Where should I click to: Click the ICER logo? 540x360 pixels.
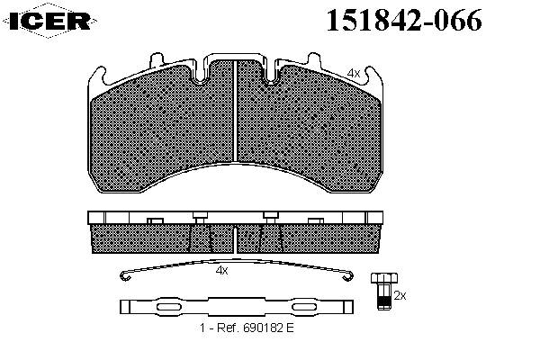[x=49, y=21]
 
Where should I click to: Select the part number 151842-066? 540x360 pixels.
[x=404, y=21]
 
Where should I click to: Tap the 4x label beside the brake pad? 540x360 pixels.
[x=354, y=74]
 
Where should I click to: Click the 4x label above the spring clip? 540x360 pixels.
[x=221, y=270]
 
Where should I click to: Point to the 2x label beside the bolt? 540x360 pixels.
[x=400, y=295]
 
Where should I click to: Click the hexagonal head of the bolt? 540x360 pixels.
[x=384, y=278]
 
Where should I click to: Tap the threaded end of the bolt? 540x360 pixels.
[x=384, y=301]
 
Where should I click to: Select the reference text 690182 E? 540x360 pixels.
[x=268, y=328]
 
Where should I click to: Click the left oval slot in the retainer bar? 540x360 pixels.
[x=169, y=307]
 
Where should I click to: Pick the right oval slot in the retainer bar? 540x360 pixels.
[x=305, y=307]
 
